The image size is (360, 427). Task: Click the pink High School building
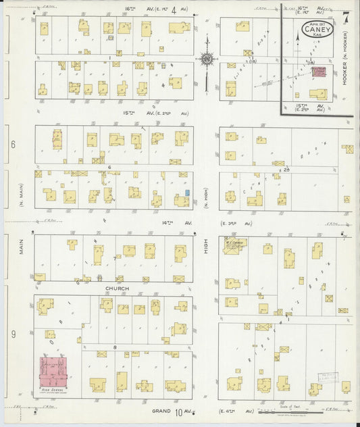58,372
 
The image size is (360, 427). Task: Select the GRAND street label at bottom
161,411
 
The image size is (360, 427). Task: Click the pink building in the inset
318,72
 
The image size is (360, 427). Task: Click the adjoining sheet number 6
12,145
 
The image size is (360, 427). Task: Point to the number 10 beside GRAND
180,412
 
